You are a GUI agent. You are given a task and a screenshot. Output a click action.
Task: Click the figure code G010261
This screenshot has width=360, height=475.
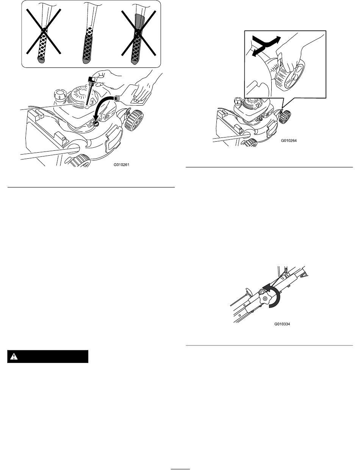pos(121,165)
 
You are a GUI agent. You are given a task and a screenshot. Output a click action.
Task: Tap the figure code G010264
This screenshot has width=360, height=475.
pos(289,141)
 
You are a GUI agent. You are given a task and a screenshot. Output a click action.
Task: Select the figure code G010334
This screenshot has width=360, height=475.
pos(282,324)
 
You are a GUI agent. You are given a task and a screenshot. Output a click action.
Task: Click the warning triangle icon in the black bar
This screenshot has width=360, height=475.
pos(14,356)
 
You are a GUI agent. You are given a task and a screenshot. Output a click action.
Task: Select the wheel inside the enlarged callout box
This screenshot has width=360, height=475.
pos(290,75)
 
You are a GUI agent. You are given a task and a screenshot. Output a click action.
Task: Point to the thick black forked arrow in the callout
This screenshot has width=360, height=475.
pos(266,46)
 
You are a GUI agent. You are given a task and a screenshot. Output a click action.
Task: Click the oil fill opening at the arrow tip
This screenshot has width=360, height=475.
pos(95,123)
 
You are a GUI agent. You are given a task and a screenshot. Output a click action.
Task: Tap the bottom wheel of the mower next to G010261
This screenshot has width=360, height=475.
pos(80,161)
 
